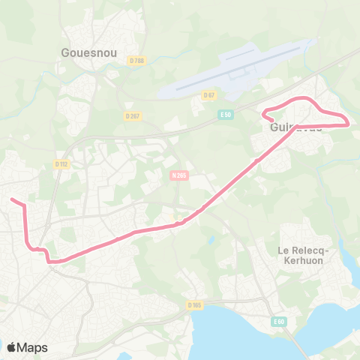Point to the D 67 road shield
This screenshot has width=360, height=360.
208,94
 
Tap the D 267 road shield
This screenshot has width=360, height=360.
133,115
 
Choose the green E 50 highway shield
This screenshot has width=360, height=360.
225,114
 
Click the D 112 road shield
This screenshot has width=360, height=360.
61,163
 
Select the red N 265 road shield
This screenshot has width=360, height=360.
177,175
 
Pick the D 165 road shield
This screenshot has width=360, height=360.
196,304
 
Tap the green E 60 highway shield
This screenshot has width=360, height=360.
280,322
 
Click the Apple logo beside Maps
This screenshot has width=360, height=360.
11,347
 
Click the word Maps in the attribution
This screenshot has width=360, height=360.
33,347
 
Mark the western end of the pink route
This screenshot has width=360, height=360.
10,199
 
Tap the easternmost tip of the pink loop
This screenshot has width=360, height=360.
349,123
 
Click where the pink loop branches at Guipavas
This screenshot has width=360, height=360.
298,126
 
